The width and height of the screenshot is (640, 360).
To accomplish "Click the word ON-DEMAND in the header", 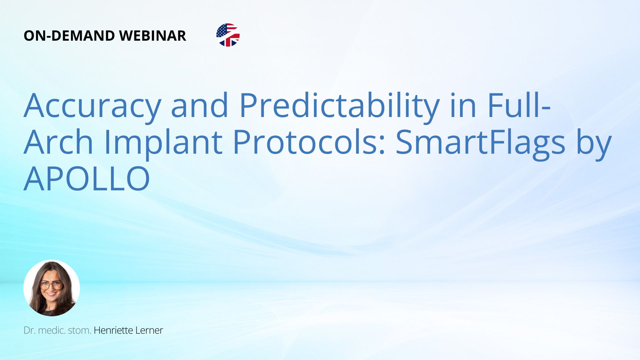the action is click(69, 36).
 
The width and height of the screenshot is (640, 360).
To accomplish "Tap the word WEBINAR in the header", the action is click(153, 36).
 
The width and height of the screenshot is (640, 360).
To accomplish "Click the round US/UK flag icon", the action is click(228, 35).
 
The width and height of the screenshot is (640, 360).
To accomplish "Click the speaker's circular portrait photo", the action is click(52, 288).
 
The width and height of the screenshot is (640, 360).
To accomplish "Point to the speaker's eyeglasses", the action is click(51, 286).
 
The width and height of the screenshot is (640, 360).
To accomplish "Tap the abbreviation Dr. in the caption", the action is click(30, 330).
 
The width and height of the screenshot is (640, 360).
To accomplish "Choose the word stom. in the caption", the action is click(80, 330).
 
